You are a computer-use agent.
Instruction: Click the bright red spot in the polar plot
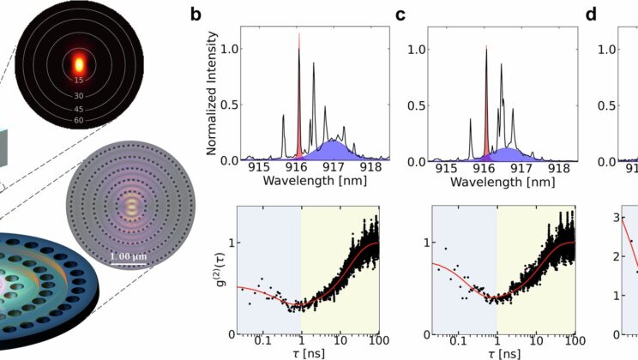[x=78, y=63]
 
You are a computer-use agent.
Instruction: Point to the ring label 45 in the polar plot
[x=78, y=109]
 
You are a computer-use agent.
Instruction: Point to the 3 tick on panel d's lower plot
[x=619, y=219]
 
